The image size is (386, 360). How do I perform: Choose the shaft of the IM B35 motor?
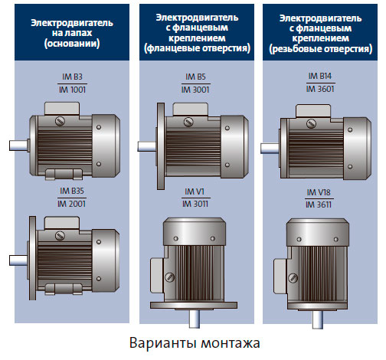tap(18, 258)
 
